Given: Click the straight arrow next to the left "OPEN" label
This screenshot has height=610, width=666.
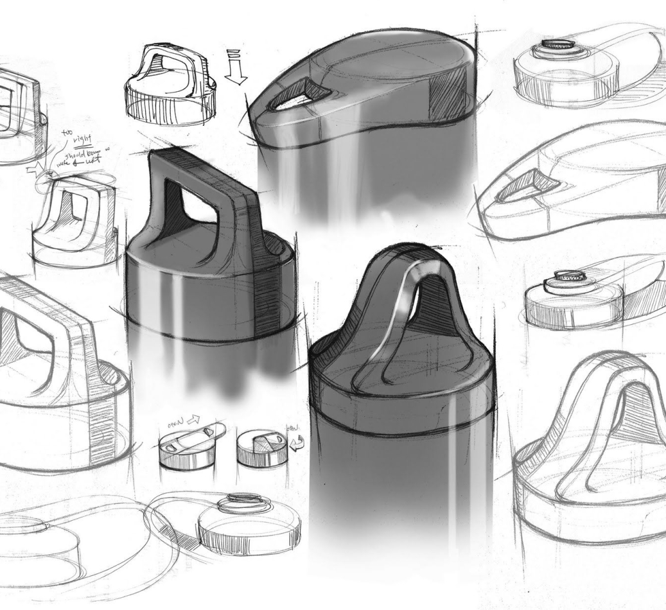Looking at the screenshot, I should pos(193,421).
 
